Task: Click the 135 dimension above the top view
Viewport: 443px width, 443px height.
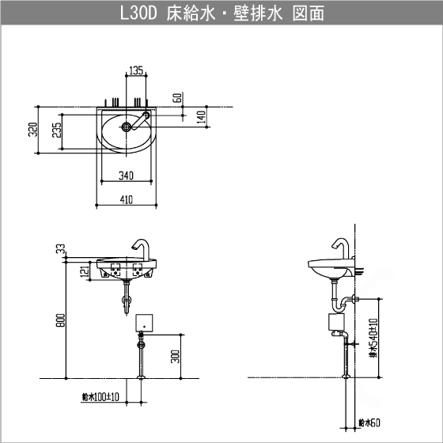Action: pos(136,70)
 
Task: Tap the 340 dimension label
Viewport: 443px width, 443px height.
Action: pos(125,174)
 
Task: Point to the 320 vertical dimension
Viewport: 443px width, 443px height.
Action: pos(32,130)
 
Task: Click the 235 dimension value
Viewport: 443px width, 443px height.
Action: pos(56,131)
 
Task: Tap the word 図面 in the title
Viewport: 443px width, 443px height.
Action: pos(305,13)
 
